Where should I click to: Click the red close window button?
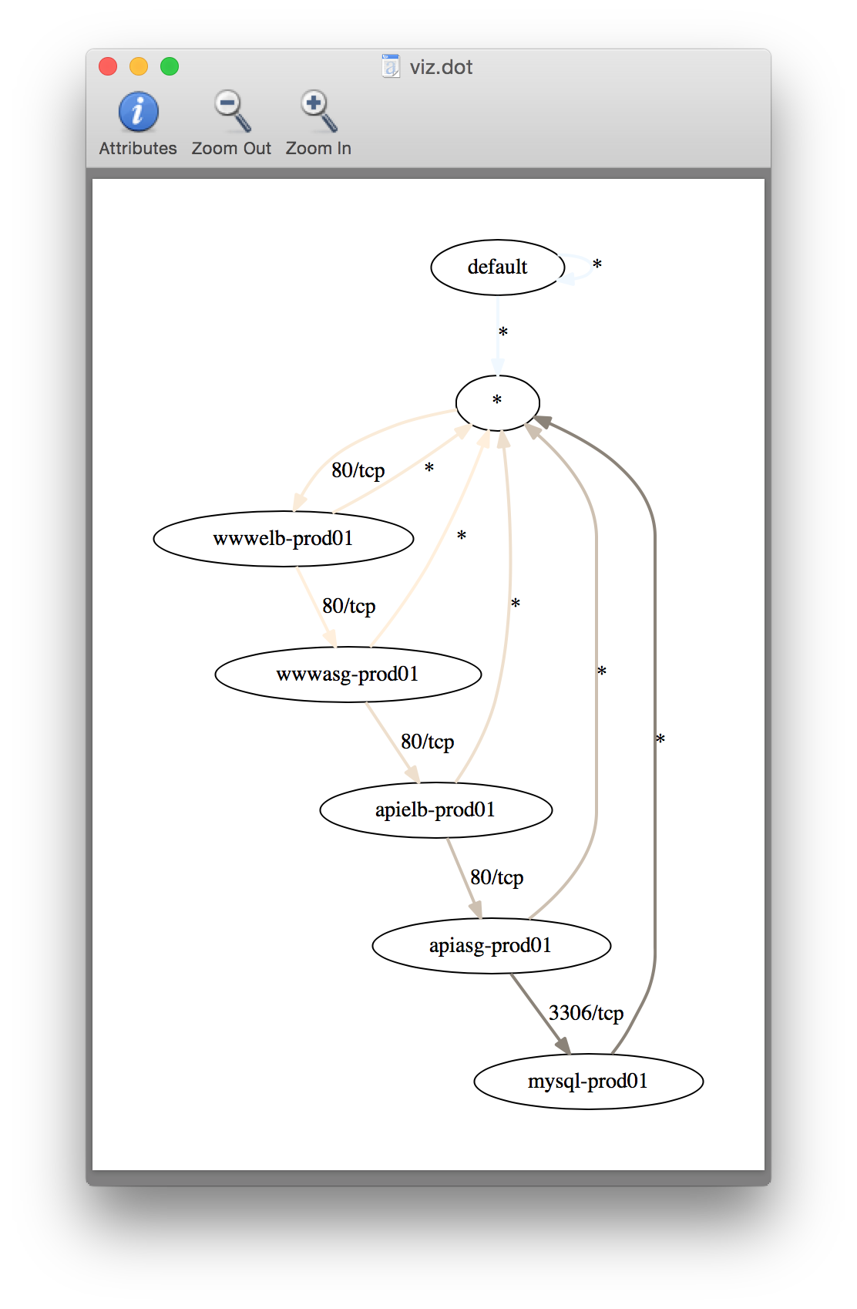click(x=108, y=67)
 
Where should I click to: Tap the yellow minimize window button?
click(x=139, y=67)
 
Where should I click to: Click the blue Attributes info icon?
click(x=139, y=113)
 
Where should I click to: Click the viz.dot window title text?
click(x=441, y=67)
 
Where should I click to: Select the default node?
click(x=497, y=268)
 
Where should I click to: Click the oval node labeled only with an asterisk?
click(x=497, y=402)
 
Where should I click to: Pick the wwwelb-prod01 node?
click(x=283, y=538)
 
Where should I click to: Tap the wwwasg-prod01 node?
click(x=348, y=674)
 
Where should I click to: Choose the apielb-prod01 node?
click(x=435, y=809)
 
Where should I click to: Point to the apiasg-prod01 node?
click(x=491, y=945)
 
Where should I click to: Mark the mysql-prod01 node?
click(x=588, y=1081)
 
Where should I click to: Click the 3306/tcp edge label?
click(x=586, y=1013)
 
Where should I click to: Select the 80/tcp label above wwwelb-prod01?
click(x=358, y=470)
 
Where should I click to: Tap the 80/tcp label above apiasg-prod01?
click(x=496, y=877)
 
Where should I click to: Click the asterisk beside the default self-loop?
click(x=597, y=265)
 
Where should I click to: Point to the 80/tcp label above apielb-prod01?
click(x=427, y=742)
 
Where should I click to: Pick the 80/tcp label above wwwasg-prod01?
click(x=348, y=606)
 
